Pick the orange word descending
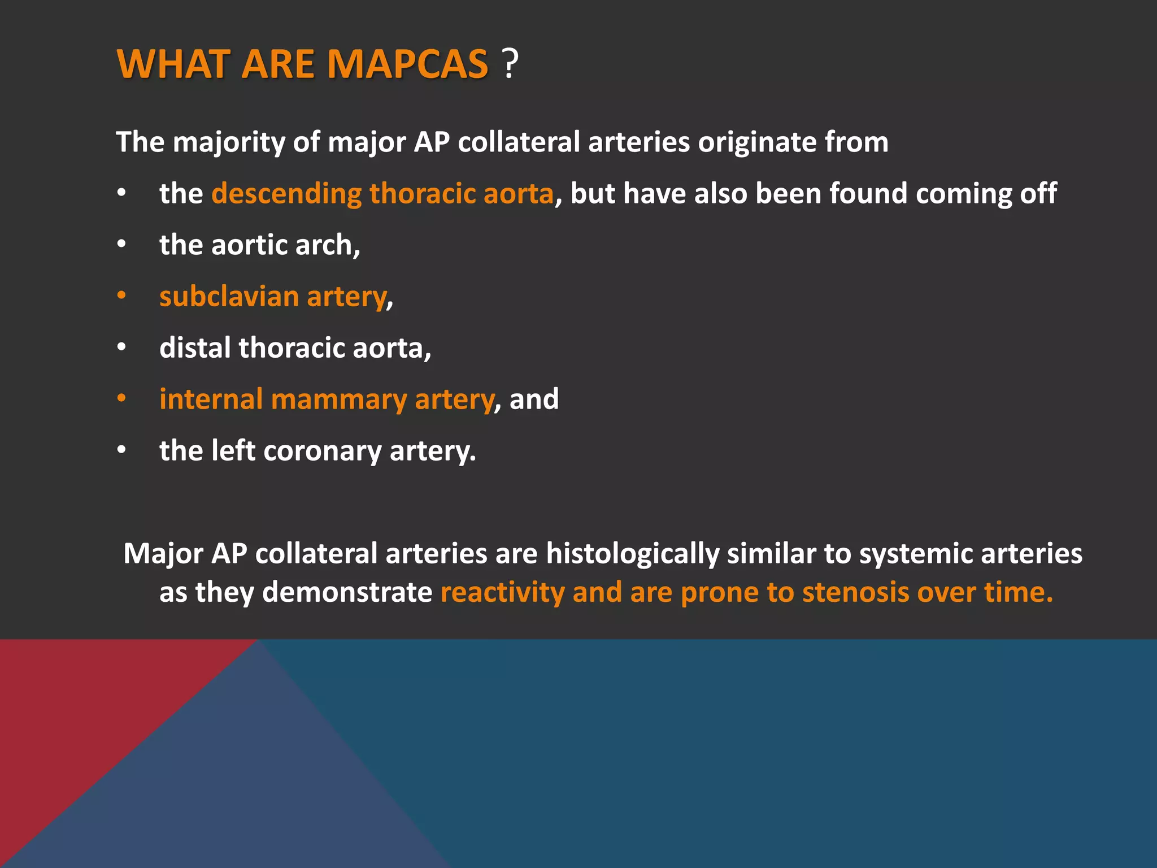tap(286, 194)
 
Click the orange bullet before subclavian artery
tap(121, 296)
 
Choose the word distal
tap(195, 348)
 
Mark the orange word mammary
tap(338, 400)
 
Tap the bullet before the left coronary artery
tap(121, 450)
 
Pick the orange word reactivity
tap(502, 593)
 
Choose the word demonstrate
tap(347, 593)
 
